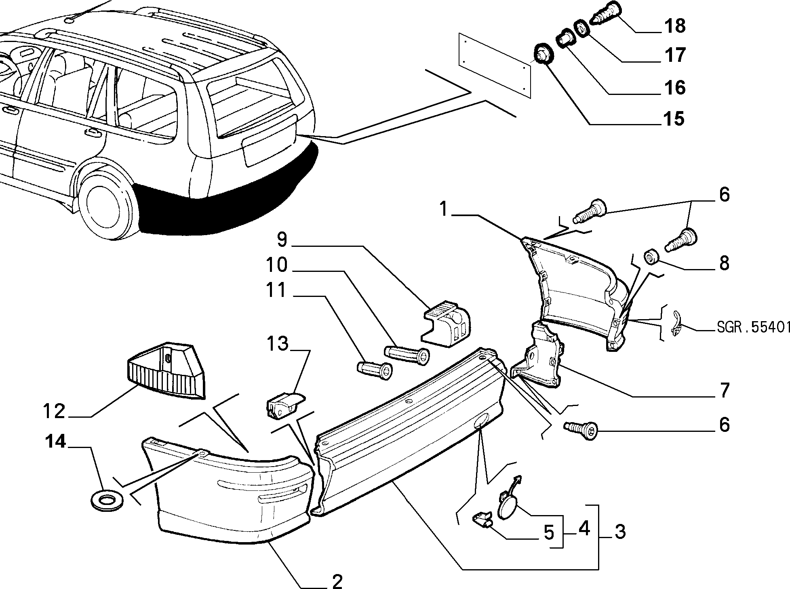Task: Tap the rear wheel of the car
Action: point(107,206)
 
